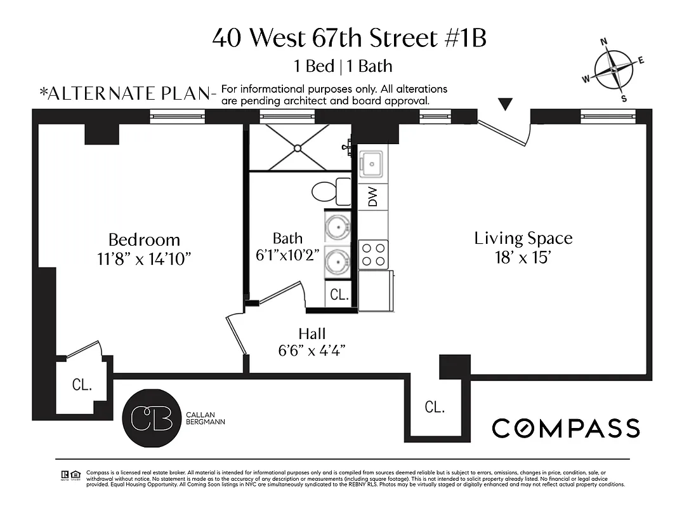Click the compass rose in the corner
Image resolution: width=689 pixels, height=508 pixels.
(x=614, y=70)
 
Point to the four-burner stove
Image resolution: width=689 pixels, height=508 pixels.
(x=374, y=255)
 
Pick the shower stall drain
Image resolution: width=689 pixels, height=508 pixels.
(x=298, y=147)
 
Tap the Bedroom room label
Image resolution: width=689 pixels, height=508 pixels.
(x=144, y=240)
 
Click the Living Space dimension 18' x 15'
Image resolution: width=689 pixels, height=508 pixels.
(x=523, y=257)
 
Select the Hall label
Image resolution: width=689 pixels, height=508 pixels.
(x=312, y=334)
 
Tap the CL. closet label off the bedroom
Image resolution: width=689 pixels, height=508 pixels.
(x=82, y=384)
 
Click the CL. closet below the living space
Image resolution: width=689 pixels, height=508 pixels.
(x=435, y=407)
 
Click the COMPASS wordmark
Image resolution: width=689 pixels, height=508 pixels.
(x=566, y=428)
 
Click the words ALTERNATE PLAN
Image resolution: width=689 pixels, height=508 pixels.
(x=128, y=93)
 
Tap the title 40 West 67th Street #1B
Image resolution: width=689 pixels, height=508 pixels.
(x=349, y=38)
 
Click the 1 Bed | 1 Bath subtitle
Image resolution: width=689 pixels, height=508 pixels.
(x=343, y=66)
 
